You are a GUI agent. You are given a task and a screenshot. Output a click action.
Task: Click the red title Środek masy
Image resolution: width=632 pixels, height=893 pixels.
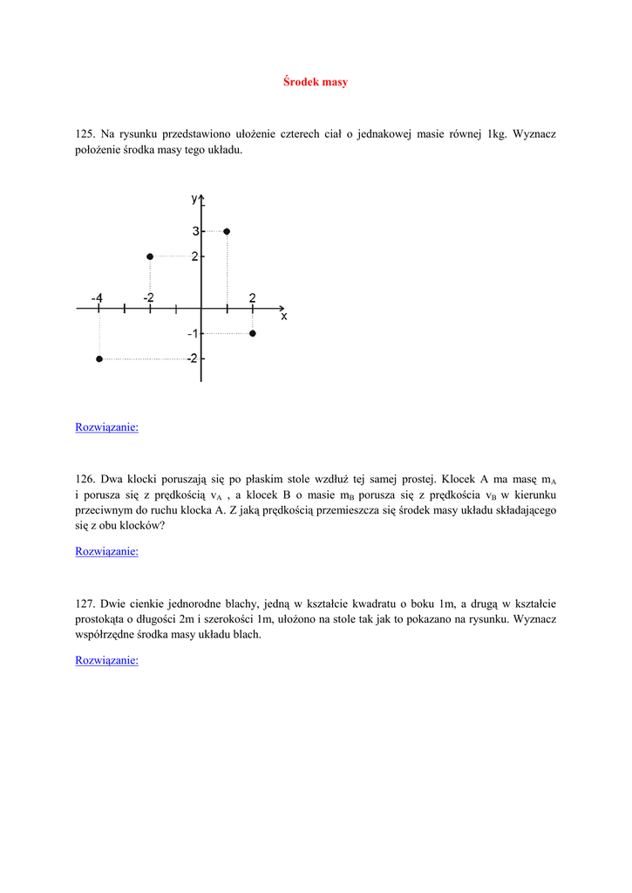(316, 82)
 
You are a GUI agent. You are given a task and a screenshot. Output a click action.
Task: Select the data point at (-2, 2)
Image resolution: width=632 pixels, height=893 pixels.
(150, 256)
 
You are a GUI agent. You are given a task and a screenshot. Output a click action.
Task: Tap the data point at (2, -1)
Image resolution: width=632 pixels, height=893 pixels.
(253, 333)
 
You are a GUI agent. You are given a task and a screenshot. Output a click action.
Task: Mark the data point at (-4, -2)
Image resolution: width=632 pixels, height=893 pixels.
(99, 358)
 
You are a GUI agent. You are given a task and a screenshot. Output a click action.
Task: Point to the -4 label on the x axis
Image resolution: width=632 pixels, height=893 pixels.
(97, 297)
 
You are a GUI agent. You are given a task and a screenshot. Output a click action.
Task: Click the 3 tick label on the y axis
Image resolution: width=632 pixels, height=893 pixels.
(195, 231)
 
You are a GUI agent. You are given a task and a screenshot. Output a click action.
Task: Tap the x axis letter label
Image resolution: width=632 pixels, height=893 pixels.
(284, 317)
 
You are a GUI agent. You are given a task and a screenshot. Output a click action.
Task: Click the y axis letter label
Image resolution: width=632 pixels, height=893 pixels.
(194, 199)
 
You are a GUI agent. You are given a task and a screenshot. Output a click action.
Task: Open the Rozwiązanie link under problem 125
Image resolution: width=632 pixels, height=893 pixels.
(106, 427)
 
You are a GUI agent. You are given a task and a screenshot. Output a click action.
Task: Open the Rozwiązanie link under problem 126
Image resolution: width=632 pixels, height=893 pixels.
(106, 551)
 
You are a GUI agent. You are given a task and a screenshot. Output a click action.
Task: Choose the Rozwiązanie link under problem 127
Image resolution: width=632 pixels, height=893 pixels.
(106, 660)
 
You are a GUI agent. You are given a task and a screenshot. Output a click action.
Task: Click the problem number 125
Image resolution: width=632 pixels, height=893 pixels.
(85, 134)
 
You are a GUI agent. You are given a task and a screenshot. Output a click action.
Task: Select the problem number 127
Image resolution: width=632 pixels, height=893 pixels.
(85, 603)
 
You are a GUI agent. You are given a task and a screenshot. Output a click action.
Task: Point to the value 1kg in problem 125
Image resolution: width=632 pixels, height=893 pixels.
(497, 134)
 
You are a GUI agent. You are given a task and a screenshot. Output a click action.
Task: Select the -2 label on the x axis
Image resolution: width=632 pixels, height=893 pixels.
(149, 297)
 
